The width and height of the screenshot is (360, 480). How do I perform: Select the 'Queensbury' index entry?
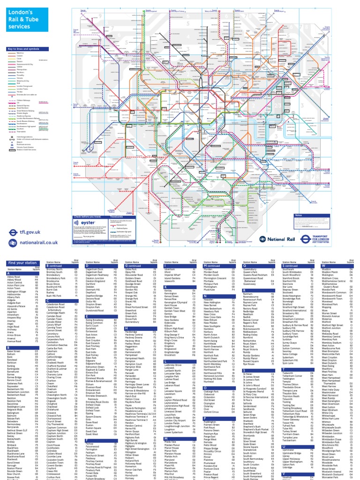pos(251,270)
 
